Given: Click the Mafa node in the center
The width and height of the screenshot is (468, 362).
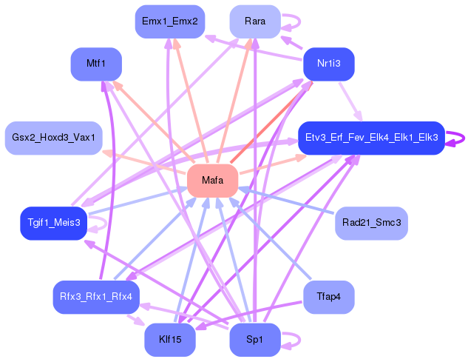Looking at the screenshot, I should (212, 181).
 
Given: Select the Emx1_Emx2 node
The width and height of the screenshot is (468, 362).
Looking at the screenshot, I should (169, 21).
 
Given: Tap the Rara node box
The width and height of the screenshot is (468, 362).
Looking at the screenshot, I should (254, 21).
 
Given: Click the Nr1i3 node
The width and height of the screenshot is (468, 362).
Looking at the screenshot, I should (328, 64).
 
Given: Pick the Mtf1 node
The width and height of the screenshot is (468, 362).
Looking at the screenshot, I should (95, 64).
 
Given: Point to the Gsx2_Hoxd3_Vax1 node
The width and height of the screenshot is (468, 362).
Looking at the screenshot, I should (53, 138).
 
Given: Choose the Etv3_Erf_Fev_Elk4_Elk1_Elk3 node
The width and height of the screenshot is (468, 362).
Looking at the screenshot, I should (370, 138).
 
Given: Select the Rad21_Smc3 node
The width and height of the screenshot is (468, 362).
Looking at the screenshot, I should (371, 223).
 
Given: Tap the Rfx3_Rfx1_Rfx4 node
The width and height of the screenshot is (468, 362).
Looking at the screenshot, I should (95, 297).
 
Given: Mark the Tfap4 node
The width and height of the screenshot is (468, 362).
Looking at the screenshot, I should (328, 297).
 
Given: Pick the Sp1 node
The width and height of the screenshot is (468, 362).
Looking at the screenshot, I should (254, 340).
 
